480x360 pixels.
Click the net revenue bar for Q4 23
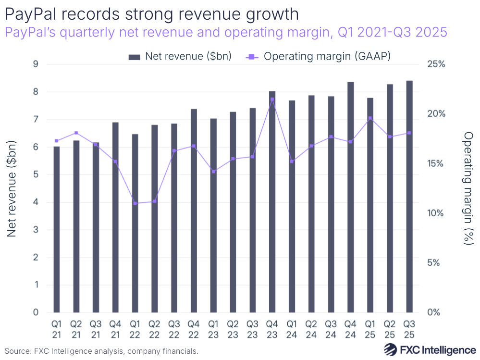pyautogui.click(x=272, y=201)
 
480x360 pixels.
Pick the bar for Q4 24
pyautogui.click(x=351, y=197)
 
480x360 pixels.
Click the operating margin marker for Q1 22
pyautogui.click(x=135, y=203)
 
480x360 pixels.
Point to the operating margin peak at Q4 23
pyautogui.click(x=272, y=99)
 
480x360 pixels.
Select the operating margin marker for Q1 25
pyautogui.click(x=370, y=118)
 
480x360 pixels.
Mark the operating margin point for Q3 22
pyautogui.click(x=174, y=151)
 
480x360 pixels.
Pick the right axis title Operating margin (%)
pyautogui.click(x=467, y=188)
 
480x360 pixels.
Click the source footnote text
pyautogui.click(x=101, y=351)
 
